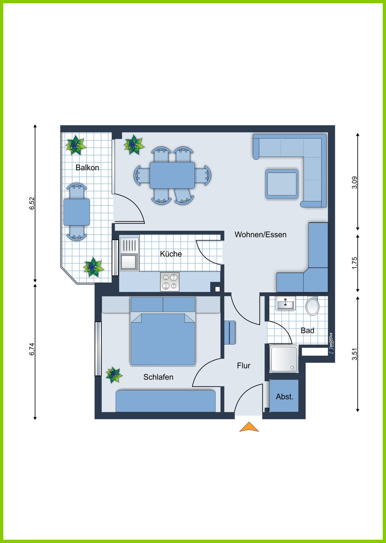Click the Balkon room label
click(88, 168)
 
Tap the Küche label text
click(171, 254)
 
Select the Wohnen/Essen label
click(260, 234)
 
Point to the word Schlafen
click(158, 377)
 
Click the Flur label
click(244, 366)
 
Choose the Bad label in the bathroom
click(308, 331)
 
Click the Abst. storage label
click(284, 397)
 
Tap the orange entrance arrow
click(249, 427)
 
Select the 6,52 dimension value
click(32, 204)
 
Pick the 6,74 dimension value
click(32, 349)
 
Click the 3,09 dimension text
click(355, 183)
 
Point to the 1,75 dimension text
click(355, 263)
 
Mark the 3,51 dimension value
click(355, 354)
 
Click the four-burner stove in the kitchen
click(170, 282)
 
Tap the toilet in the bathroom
click(313, 305)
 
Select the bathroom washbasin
click(286, 303)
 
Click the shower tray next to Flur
click(284, 359)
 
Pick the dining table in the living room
click(172, 175)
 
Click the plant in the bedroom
click(114, 375)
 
